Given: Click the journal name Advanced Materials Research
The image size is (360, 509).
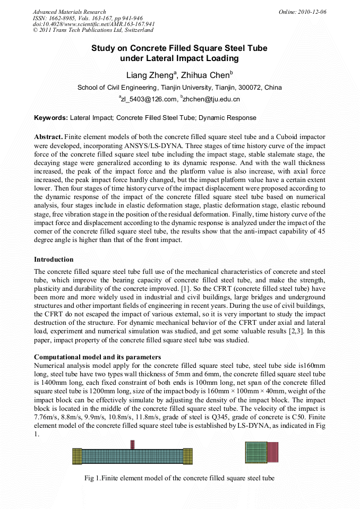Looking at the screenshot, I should tap(69, 12).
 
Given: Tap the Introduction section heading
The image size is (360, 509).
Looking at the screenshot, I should tap(54, 260).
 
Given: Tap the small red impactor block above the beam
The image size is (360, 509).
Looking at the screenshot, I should tap(133, 444).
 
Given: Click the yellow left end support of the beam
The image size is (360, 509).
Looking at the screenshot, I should tap(77, 456).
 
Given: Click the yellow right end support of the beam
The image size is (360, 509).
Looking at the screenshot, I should tap(187, 456).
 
